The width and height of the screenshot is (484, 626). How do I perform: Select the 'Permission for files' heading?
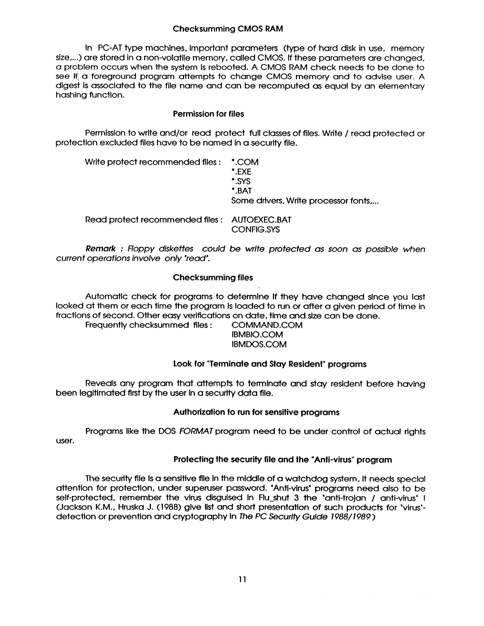click(x=208, y=114)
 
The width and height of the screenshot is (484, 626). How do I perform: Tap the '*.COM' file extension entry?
click(x=245, y=162)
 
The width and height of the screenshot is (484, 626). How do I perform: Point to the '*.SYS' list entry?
click(x=241, y=181)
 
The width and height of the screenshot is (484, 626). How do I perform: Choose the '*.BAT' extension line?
click(x=242, y=191)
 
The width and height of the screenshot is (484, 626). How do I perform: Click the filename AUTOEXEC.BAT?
click(x=261, y=220)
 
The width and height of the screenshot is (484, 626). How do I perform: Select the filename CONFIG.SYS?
click(x=255, y=230)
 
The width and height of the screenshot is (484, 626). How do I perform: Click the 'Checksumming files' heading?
click(x=213, y=278)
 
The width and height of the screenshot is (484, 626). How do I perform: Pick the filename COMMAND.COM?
click(x=267, y=325)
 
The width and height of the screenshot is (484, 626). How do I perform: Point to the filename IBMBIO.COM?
click(x=257, y=334)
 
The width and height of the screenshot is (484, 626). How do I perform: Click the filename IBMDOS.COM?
click(x=259, y=344)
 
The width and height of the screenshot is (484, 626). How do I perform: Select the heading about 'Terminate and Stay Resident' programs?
click(x=269, y=364)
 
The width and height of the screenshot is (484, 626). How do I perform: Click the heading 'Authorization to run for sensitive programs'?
click(x=256, y=412)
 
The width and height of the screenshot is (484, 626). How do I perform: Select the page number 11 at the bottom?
click(x=242, y=579)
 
